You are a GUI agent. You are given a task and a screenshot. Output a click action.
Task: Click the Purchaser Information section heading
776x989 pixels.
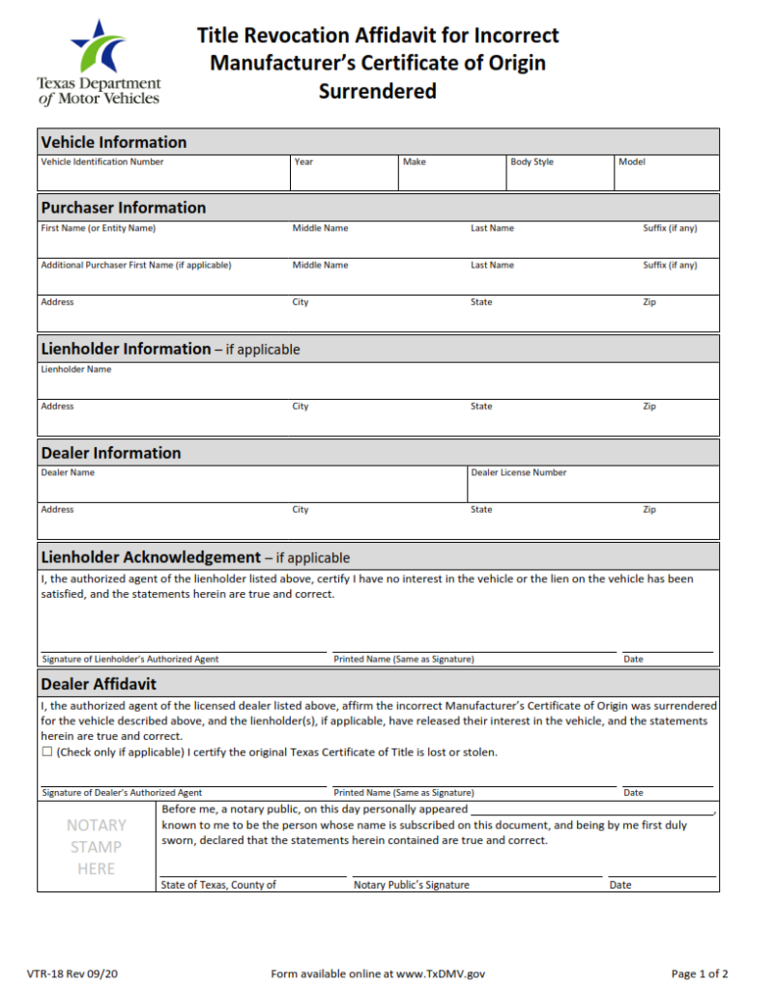(x=124, y=208)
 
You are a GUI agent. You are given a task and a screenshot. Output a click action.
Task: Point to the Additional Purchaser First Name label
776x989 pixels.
(x=136, y=266)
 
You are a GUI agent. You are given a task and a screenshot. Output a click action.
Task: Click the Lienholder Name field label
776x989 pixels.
(x=76, y=369)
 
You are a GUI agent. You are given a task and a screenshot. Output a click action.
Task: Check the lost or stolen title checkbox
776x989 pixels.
(x=47, y=752)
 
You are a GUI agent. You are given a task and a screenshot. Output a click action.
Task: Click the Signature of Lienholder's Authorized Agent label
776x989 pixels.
(x=130, y=660)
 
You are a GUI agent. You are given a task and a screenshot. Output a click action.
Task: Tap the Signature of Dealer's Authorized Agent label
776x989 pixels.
(x=122, y=793)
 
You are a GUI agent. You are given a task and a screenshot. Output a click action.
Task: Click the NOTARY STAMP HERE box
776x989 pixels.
(x=97, y=847)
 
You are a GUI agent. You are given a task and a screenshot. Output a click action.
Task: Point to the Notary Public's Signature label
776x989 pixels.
(x=412, y=885)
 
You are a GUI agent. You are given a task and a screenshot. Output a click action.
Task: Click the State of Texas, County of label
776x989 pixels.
(x=218, y=885)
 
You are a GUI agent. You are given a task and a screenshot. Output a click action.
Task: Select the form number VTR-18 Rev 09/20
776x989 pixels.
(x=72, y=974)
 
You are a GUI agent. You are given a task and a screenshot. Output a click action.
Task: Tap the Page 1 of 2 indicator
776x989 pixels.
(x=700, y=974)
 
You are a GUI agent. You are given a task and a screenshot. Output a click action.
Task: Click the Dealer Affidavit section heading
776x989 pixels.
(x=99, y=684)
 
